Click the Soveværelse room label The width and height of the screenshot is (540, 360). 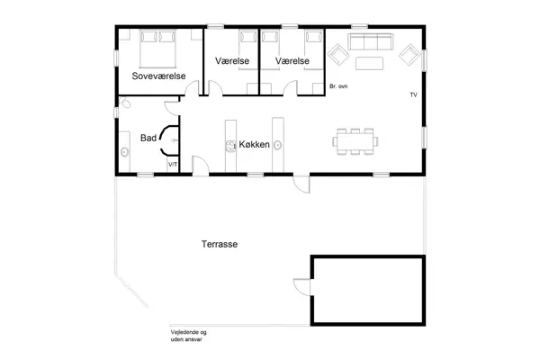(x=158, y=76)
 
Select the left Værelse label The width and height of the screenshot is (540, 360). (x=233, y=60)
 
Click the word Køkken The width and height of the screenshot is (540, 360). (x=255, y=145)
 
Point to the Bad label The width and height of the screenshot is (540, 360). (x=148, y=138)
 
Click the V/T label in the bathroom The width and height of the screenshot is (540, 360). (x=173, y=166)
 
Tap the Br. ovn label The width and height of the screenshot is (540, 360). (x=339, y=85)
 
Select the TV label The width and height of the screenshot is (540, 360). (x=413, y=94)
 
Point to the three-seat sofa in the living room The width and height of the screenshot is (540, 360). (x=371, y=42)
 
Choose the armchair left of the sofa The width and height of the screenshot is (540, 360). (x=339, y=56)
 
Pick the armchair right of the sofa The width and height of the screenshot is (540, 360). (x=408, y=56)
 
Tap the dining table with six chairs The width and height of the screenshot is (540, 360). (x=355, y=140)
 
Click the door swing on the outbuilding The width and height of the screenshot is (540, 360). (x=301, y=288)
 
